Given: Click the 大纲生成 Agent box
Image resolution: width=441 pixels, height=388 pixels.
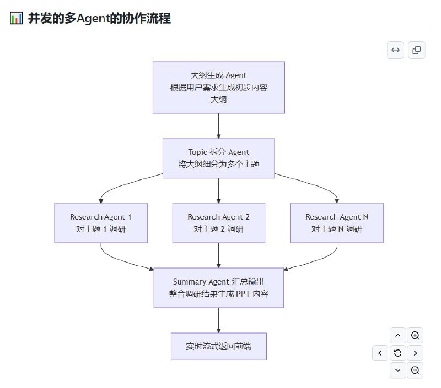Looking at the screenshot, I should coord(218,88).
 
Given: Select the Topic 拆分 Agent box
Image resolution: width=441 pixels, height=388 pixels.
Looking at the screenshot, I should coord(218,158).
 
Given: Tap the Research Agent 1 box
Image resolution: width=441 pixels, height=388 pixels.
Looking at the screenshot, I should coord(101,223).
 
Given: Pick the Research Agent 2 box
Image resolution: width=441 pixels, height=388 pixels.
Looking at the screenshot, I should coord(218,223).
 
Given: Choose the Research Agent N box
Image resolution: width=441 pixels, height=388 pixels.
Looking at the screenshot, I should coord(337,223).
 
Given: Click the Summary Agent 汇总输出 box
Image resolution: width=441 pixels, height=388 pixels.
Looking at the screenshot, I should coord(218,288).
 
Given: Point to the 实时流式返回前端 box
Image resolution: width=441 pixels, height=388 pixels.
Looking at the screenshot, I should coord(218,347).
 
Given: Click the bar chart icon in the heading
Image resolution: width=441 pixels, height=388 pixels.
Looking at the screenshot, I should coord(17,18).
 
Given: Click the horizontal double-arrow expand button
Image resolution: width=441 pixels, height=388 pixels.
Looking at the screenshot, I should coord(395,50).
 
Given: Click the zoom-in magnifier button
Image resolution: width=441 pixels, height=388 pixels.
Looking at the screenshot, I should coord(415,335).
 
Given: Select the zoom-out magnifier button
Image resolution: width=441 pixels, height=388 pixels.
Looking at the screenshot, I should coord(415,370).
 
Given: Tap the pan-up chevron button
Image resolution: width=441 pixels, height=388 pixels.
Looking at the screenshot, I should coord(397,335).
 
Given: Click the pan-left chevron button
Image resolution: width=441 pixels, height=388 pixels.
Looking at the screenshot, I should coord(380,353).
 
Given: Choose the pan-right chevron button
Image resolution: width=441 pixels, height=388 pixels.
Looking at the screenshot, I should coord(415,353).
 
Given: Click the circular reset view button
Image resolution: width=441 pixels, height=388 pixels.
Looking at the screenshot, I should coord(397,353).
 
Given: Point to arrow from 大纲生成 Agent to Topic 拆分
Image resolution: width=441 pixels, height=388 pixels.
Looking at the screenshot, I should coord(219,126).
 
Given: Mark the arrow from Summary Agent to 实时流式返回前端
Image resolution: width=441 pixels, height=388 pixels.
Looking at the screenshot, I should coord(219,320).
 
